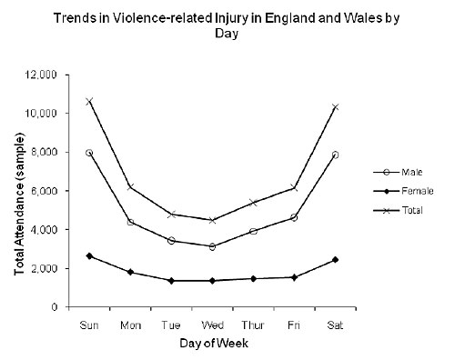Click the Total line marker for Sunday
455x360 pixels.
click(88, 101)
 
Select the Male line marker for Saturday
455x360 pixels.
click(334, 155)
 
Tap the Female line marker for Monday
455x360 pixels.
click(129, 272)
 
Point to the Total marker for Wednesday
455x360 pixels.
click(211, 220)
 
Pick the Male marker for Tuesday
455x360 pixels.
click(170, 241)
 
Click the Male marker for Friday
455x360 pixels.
click(293, 217)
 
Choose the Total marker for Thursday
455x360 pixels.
click(252, 203)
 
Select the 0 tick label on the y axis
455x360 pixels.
click(56, 307)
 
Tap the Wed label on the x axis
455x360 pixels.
click(211, 323)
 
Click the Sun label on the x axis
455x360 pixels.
click(88, 323)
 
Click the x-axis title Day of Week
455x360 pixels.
click(211, 343)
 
